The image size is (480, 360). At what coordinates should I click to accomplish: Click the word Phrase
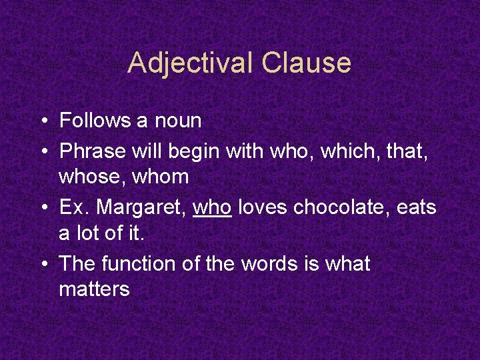pyautogui.click(x=93, y=151)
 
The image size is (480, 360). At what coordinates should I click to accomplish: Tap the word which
pyautogui.click(x=346, y=151)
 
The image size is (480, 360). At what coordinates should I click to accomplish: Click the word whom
pyautogui.click(x=160, y=178)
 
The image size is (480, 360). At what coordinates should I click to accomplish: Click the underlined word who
pyautogui.click(x=212, y=207)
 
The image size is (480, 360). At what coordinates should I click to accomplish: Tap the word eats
pyautogui.click(x=416, y=207)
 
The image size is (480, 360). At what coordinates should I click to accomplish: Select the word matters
pyautogui.click(x=94, y=290)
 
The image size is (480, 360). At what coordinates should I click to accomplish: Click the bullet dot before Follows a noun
pyautogui.click(x=42, y=121)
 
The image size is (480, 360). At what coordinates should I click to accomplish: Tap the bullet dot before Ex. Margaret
pyautogui.click(x=42, y=207)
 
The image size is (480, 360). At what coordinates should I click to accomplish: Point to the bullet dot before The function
pyautogui.click(x=42, y=264)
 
